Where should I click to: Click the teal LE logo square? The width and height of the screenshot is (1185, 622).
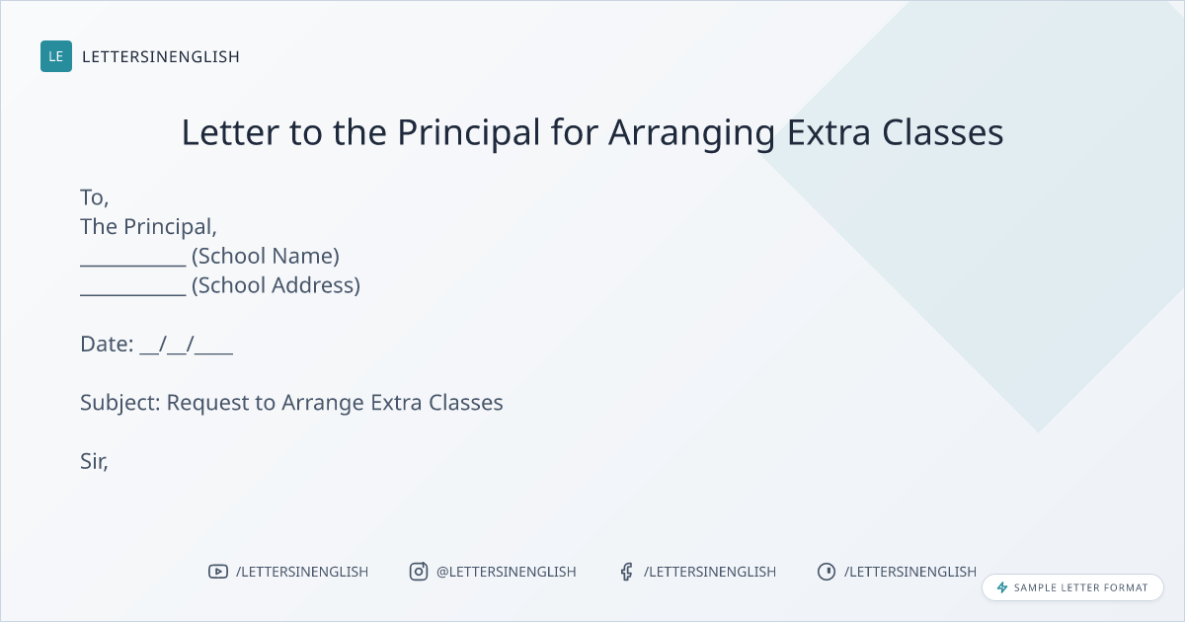point(56,56)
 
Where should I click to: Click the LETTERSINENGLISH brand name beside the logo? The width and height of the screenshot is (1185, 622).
point(161,56)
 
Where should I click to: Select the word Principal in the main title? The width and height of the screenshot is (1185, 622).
point(469,132)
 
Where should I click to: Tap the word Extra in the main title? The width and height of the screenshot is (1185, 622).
point(829,132)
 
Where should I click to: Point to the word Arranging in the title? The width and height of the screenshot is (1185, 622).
point(692,133)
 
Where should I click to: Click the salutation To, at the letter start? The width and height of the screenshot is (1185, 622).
point(94,197)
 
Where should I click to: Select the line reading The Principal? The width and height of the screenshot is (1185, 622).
point(149,227)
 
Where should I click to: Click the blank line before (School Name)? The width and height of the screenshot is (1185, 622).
point(132,266)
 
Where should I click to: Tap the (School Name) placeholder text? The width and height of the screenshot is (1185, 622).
point(265,256)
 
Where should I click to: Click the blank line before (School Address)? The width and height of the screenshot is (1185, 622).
point(132,294)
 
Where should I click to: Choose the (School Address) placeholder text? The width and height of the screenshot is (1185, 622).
point(276,285)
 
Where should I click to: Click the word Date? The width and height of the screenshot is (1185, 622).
point(107,344)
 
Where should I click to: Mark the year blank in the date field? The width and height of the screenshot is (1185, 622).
point(213,353)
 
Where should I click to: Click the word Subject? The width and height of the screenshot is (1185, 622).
point(120,403)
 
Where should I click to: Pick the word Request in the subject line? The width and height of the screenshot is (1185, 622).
point(208,403)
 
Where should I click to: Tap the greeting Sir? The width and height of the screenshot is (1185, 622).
point(94,461)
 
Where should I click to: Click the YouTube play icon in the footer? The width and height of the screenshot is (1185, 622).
point(218,572)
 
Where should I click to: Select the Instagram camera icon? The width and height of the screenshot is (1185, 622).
point(419,572)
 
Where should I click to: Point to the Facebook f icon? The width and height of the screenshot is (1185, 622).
point(626,572)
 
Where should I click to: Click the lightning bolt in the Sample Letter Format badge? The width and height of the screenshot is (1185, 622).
point(1002,587)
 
